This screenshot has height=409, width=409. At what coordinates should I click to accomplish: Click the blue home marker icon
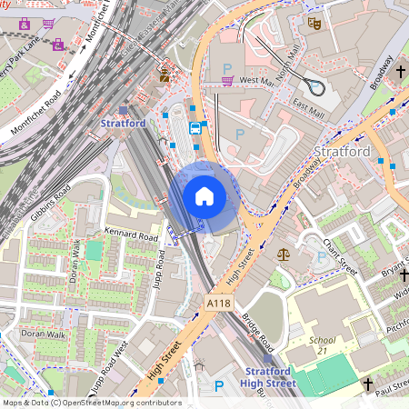point(204,196)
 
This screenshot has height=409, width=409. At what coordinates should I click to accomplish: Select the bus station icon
point(195,128)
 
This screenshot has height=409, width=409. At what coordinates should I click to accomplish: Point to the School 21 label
point(323,345)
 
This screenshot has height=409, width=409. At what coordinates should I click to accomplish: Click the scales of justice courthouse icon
point(283,255)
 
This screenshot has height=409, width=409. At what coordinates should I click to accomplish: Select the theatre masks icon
point(314,23)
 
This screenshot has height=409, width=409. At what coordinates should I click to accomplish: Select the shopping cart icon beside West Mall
point(225,81)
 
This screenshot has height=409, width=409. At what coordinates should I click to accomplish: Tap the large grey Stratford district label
point(341,151)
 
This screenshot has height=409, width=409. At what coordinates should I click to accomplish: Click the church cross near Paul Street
point(368,384)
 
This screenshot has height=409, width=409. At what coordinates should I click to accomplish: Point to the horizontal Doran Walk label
point(44,334)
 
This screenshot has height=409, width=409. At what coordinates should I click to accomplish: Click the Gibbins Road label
point(51,204)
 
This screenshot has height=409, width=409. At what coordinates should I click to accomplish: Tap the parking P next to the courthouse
point(320,257)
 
